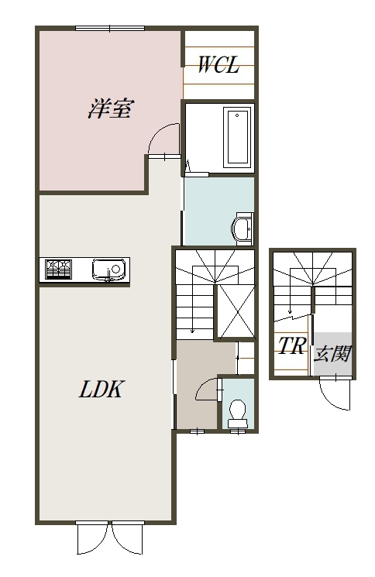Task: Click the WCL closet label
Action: click(x=218, y=65)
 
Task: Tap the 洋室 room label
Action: click(x=110, y=108)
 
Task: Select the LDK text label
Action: click(x=101, y=389)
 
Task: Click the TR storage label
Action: click(x=292, y=345)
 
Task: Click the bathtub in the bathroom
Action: click(x=237, y=137)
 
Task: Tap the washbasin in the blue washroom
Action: click(x=243, y=228)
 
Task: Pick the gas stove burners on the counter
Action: click(x=59, y=269)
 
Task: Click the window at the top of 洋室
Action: click(x=110, y=29)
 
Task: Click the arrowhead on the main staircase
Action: click(x=192, y=331)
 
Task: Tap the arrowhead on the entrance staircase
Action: click(x=290, y=310)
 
